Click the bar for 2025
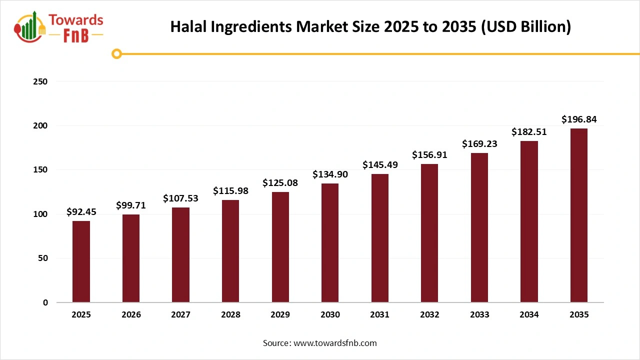coord(81,261)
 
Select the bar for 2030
coord(330,243)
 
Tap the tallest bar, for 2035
coord(579,215)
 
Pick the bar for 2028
coord(230,251)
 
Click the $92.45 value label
coord(81,212)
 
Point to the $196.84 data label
coord(579,119)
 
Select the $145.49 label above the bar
coord(380,164)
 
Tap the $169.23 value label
coord(479,144)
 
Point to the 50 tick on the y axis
coord(43,258)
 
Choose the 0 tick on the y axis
coord(45,302)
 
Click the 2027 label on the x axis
coord(180,315)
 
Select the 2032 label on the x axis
coord(429,315)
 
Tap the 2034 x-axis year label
coord(529,315)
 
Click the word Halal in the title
coord(188,26)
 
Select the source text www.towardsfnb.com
coord(334,343)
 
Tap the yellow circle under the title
coord(117,53)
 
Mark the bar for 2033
coord(479,227)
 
